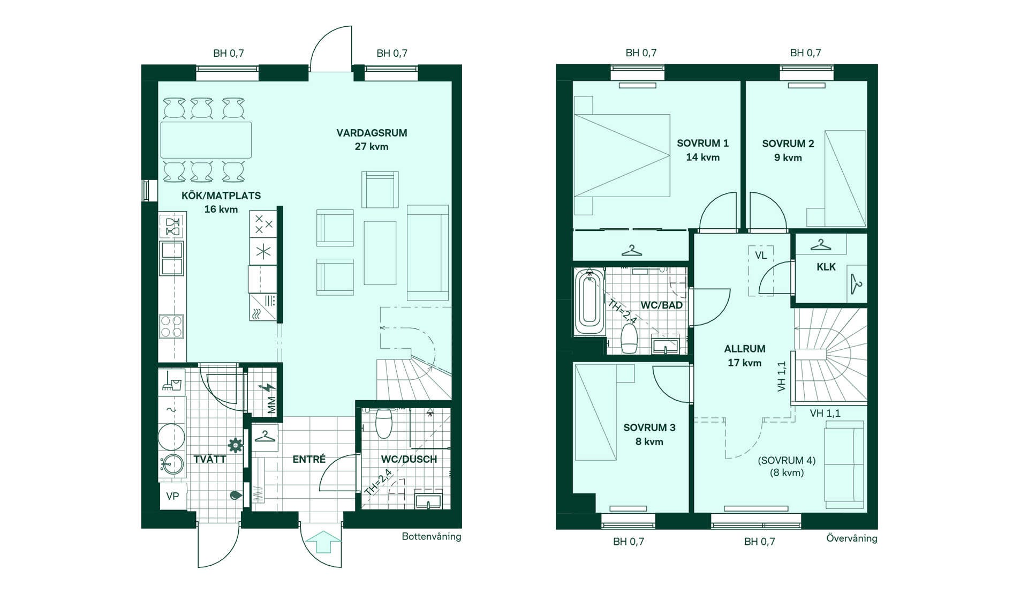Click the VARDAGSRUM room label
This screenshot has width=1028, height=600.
point(372,133)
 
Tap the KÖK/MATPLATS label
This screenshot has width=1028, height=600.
point(221,196)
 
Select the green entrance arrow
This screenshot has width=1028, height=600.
point(323,542)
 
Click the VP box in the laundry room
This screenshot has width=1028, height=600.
point(172,496)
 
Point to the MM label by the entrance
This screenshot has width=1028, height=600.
point(271,405)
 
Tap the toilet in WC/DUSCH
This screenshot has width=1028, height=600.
point(384,423)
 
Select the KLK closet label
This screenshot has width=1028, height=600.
point(826,267)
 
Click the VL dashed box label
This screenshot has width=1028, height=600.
point(761,256)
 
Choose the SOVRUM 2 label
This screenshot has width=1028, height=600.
point(788,144)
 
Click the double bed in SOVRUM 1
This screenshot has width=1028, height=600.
point(622,155)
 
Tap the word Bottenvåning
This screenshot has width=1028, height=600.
point(432,537)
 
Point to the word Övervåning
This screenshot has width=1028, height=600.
point(852,538)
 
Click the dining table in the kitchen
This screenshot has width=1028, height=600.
point(206,140)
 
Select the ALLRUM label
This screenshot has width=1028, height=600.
point(745,349)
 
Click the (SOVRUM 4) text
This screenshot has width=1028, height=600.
point(787,460)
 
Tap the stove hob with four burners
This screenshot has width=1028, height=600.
point(171,326)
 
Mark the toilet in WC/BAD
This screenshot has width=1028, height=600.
point(629,339)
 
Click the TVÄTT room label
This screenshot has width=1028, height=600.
point(210,459)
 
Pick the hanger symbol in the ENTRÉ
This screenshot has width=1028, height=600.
point(264,437)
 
